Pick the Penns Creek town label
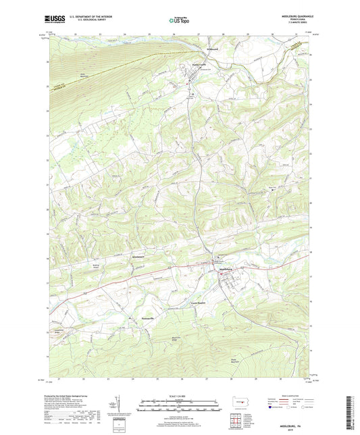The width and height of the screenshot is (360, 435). pos(192,65)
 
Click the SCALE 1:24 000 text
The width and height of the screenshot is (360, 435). pos(180,396)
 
